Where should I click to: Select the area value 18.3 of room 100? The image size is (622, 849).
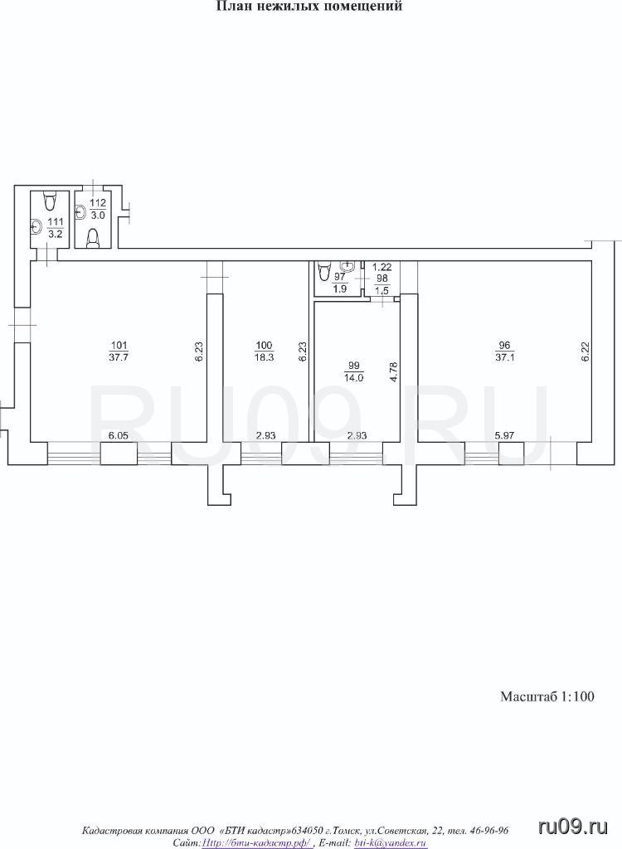pyautogui.click(x=264, y=357)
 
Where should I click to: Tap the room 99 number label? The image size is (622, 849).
pyautogui.click(x=354, y=366)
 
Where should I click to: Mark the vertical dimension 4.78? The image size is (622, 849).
pyautogui.click(x=395, y=372)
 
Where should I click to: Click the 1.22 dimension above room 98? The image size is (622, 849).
pyautogui.click(x=382, y=266)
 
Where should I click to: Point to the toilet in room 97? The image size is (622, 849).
pyautogui.click(x=324, y=270)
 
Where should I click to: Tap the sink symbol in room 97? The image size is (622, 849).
pyautogui.click(x=347, y=266)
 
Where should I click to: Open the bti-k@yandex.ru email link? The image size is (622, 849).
pyautogui.click(x=390, y=843)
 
